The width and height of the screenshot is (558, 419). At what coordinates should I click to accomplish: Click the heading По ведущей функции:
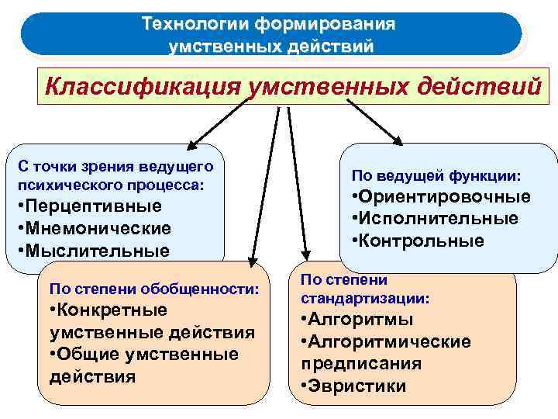point(436,175)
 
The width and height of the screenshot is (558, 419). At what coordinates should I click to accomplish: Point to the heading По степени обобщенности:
point(153,289)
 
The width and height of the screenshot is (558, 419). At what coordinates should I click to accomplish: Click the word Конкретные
point(111,310)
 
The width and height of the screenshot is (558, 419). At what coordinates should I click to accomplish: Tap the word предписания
point(361,364)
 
